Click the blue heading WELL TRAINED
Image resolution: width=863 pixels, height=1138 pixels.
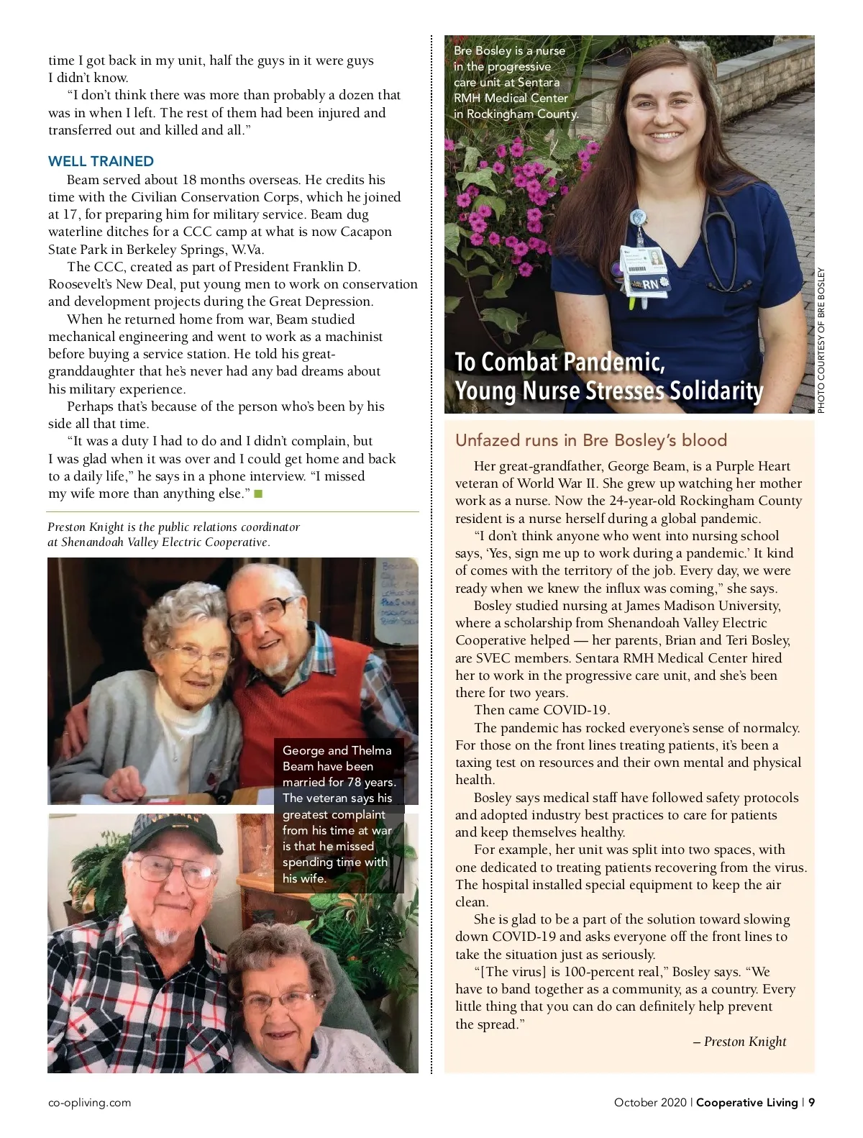101,161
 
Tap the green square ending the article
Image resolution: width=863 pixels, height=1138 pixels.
259,493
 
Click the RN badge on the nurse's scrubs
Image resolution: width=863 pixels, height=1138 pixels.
650,284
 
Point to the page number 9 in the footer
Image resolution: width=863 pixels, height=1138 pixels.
811,1102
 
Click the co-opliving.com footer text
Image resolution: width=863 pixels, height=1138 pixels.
89,1102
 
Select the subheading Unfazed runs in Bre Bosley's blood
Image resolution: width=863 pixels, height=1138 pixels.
591,440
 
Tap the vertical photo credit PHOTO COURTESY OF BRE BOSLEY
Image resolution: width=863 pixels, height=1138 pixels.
821,340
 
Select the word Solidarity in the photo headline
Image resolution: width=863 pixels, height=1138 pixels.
716,391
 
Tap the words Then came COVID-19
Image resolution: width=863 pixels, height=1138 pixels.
542,710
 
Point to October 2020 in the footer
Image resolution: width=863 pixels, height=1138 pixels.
649,1102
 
